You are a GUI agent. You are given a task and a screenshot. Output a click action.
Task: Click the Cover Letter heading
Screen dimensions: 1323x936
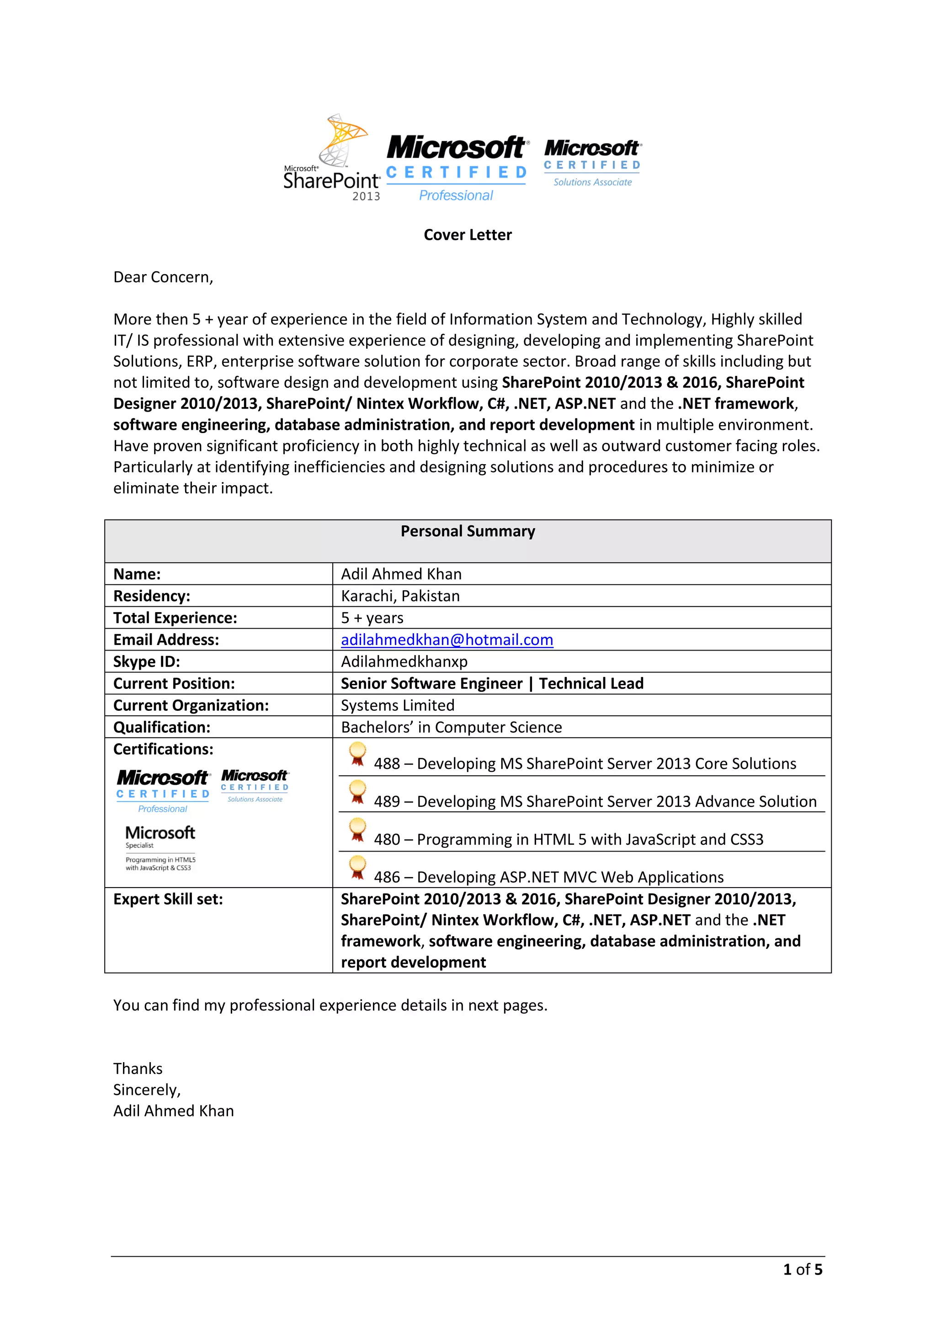tap(468, 235)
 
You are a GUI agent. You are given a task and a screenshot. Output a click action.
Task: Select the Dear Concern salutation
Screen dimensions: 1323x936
tap(163, 277)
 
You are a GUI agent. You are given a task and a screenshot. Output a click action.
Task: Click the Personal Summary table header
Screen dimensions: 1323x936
tap(468, 531)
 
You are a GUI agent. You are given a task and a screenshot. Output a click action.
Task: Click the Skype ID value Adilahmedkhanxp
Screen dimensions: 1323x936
tap(404, 661)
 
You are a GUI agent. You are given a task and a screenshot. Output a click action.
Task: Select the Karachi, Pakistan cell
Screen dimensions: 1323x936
tap(400, 596)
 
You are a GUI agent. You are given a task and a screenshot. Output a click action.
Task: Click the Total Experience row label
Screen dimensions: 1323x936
tap(175, 618)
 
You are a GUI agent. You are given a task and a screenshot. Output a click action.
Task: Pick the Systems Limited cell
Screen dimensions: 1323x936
tap(398, 705)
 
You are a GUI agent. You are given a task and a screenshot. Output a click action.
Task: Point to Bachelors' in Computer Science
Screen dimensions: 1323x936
tap(451, 727)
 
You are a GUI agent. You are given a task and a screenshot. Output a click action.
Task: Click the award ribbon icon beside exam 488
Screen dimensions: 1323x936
tap(357, 754)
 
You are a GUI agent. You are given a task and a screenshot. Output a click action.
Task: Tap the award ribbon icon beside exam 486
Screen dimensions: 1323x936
tap(357, 868)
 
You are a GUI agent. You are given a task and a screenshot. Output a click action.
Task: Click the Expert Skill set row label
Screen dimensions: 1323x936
tap(168, 899)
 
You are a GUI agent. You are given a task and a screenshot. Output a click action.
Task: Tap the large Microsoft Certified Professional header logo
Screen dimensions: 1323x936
tap(456, 168)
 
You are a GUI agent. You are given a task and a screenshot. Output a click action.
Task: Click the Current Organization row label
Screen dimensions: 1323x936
tap(191, 705)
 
